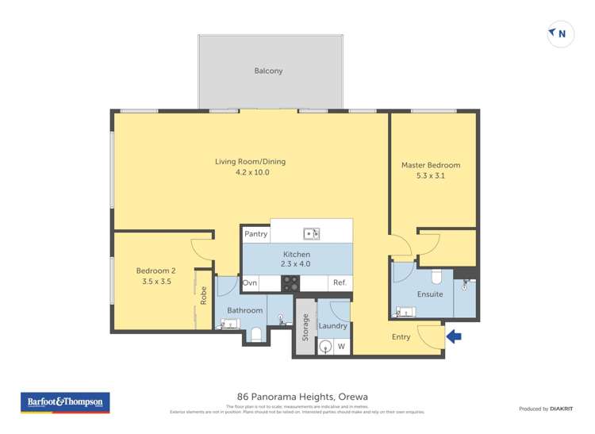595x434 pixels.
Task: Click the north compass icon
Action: tap(560, 34)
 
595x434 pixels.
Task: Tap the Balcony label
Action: tap(268, 71)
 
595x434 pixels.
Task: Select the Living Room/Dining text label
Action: tap(250, 162)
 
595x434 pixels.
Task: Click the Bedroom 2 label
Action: tap(156, 271)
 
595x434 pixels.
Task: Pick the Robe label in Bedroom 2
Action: tap(204, 295)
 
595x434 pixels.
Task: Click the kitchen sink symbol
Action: tap(311, 233)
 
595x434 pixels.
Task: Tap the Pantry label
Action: tap(255, 234)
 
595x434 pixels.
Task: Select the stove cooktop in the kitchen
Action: tap(290, 283)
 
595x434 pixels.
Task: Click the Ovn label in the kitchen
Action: tap(250, 283)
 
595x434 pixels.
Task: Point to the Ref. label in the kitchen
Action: tap(340, 283)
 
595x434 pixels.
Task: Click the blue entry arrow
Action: tap(454, 336)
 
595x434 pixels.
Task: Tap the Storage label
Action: tap(305, 327)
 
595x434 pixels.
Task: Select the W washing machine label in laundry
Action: tap(341, 347)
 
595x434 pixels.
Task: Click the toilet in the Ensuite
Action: tap(436, 277)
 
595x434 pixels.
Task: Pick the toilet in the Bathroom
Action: tap(255, 335)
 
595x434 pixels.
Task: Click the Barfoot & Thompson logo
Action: tap(66, 403)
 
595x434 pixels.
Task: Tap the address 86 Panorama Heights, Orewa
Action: tap(302, 397)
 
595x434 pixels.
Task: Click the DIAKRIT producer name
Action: tap(562, 409)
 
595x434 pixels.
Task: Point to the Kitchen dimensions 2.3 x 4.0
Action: tap(297, 264)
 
